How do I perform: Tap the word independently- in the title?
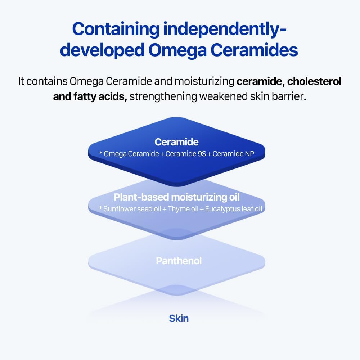tap(225, 29)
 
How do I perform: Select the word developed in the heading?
tap(103, 50)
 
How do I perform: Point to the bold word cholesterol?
tap(314, 81)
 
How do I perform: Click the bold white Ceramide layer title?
tap(176, 142)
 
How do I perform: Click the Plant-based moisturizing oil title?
tap(176, 197)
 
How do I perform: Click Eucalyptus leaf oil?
tap(229, 209)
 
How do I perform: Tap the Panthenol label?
tap(179, 261)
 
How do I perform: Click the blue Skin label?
tap(179, 318)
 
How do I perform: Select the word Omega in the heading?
tap(175, 50)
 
